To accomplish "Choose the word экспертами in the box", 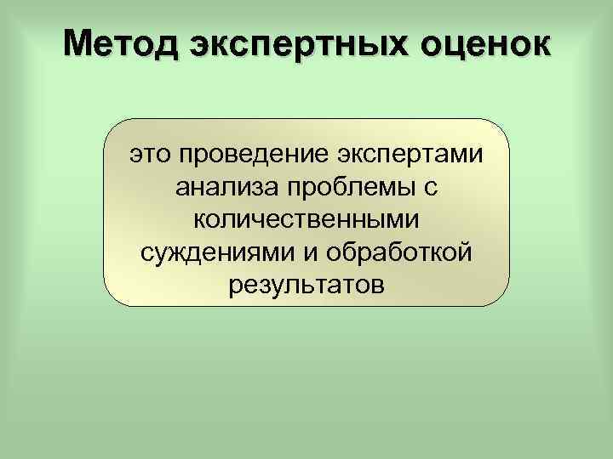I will tap(410, 155).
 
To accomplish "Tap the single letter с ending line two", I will tap(432, 188).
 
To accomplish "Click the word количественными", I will tap(306, 219).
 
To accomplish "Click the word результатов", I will tap(306, 284).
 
